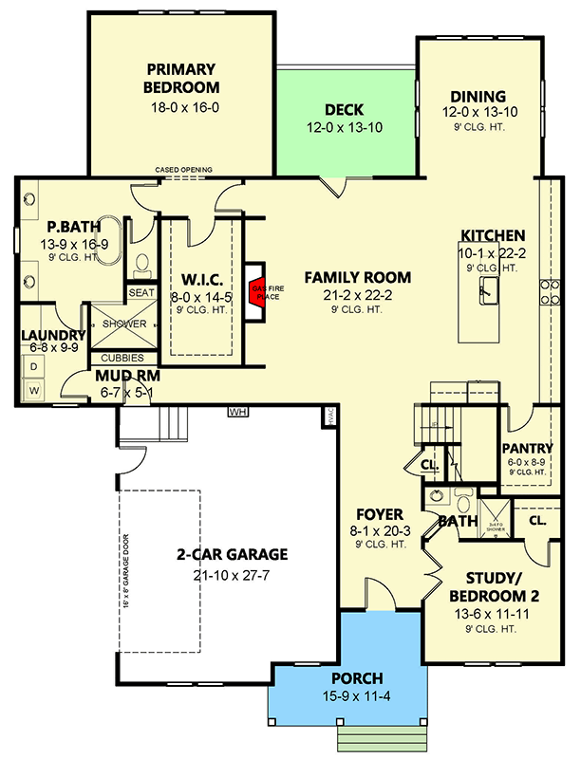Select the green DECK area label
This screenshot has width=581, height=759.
(344, 110)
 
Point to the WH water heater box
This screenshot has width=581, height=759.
(236, 412)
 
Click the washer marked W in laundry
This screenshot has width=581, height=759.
(34, 389)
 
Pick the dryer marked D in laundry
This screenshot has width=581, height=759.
(34, 366)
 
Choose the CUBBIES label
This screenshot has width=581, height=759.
(122, 358)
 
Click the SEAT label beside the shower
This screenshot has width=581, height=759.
(141, 293)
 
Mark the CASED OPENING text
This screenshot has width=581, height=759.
(184, 170)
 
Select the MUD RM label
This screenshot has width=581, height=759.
(127, 376)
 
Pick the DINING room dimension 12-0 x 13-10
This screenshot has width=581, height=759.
(478, 113)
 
